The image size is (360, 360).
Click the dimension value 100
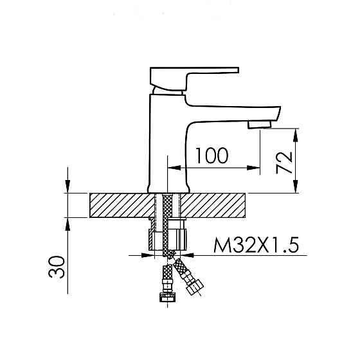[x=212, y=156]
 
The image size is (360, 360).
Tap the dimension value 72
[x=284, y=162]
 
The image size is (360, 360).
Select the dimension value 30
[x=57, y=267]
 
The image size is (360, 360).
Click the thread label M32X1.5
[x=256, y=245]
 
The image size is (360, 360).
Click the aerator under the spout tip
[x=260, y=125]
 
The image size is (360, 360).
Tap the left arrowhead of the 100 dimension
[x=174, y=168]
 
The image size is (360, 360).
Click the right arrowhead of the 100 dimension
[x=254, y=168]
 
